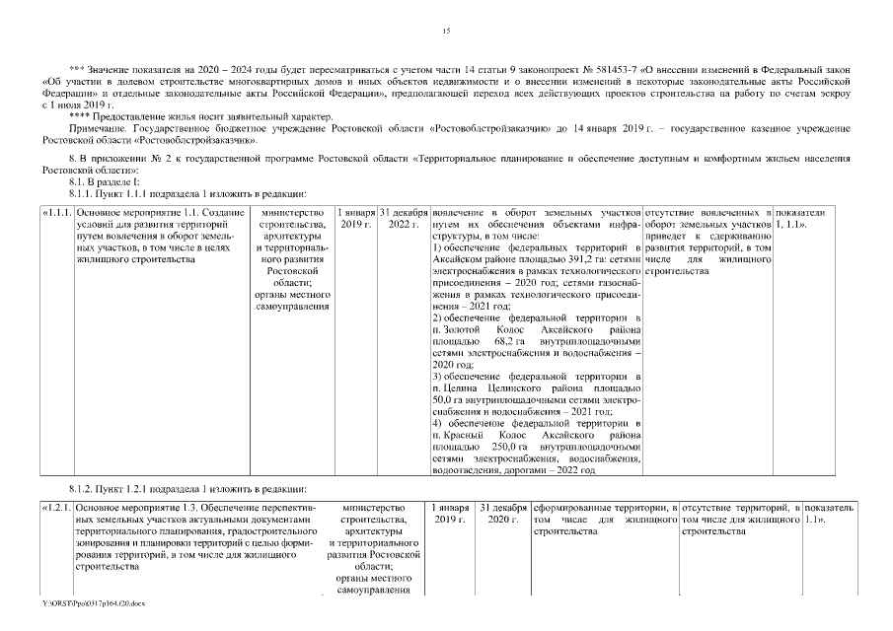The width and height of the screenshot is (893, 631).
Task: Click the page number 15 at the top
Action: click(446, 34)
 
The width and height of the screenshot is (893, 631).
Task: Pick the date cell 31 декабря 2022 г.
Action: click(403, 219)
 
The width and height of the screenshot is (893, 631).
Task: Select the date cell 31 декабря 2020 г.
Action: click(501, 513)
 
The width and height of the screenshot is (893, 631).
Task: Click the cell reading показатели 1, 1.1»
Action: click(799, 219)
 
